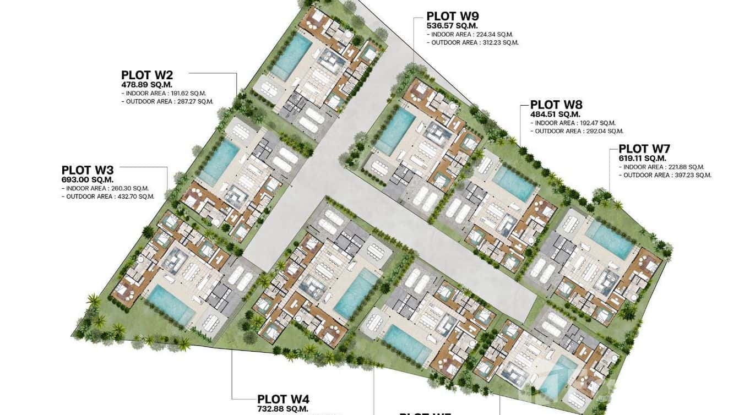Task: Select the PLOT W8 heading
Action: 556,105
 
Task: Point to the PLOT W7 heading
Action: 644,149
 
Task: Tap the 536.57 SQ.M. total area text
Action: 452,25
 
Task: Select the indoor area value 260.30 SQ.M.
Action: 124,188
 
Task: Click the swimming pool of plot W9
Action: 395,130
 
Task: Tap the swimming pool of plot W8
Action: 514,183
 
